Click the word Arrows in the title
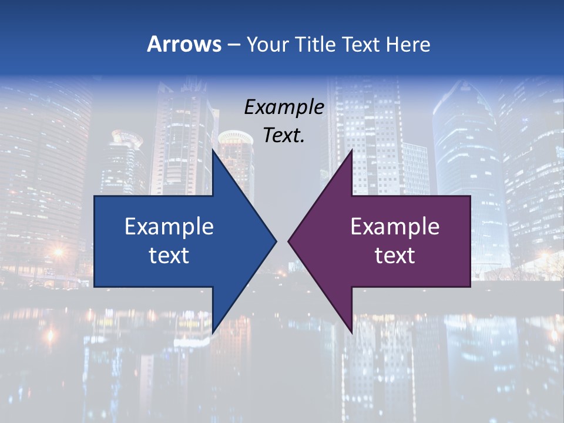pos(184,44)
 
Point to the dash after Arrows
pos(233,45)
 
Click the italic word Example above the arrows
pos(284,107)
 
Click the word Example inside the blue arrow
pos(169,226)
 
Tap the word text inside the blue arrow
pos(169,255)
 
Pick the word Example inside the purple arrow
pos(395,226)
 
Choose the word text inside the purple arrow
pos(395,255)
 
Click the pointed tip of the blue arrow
pos(276,241)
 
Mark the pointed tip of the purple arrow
pos(288,241)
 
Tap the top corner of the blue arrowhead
pos(213,149)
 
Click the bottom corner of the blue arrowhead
pos(213,334)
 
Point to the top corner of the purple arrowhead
pos(352,149)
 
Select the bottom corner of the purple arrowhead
pos(352,334)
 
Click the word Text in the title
pos(361,44)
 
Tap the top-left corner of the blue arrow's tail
pos(95,196)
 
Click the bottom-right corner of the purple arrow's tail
pos(470,287)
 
